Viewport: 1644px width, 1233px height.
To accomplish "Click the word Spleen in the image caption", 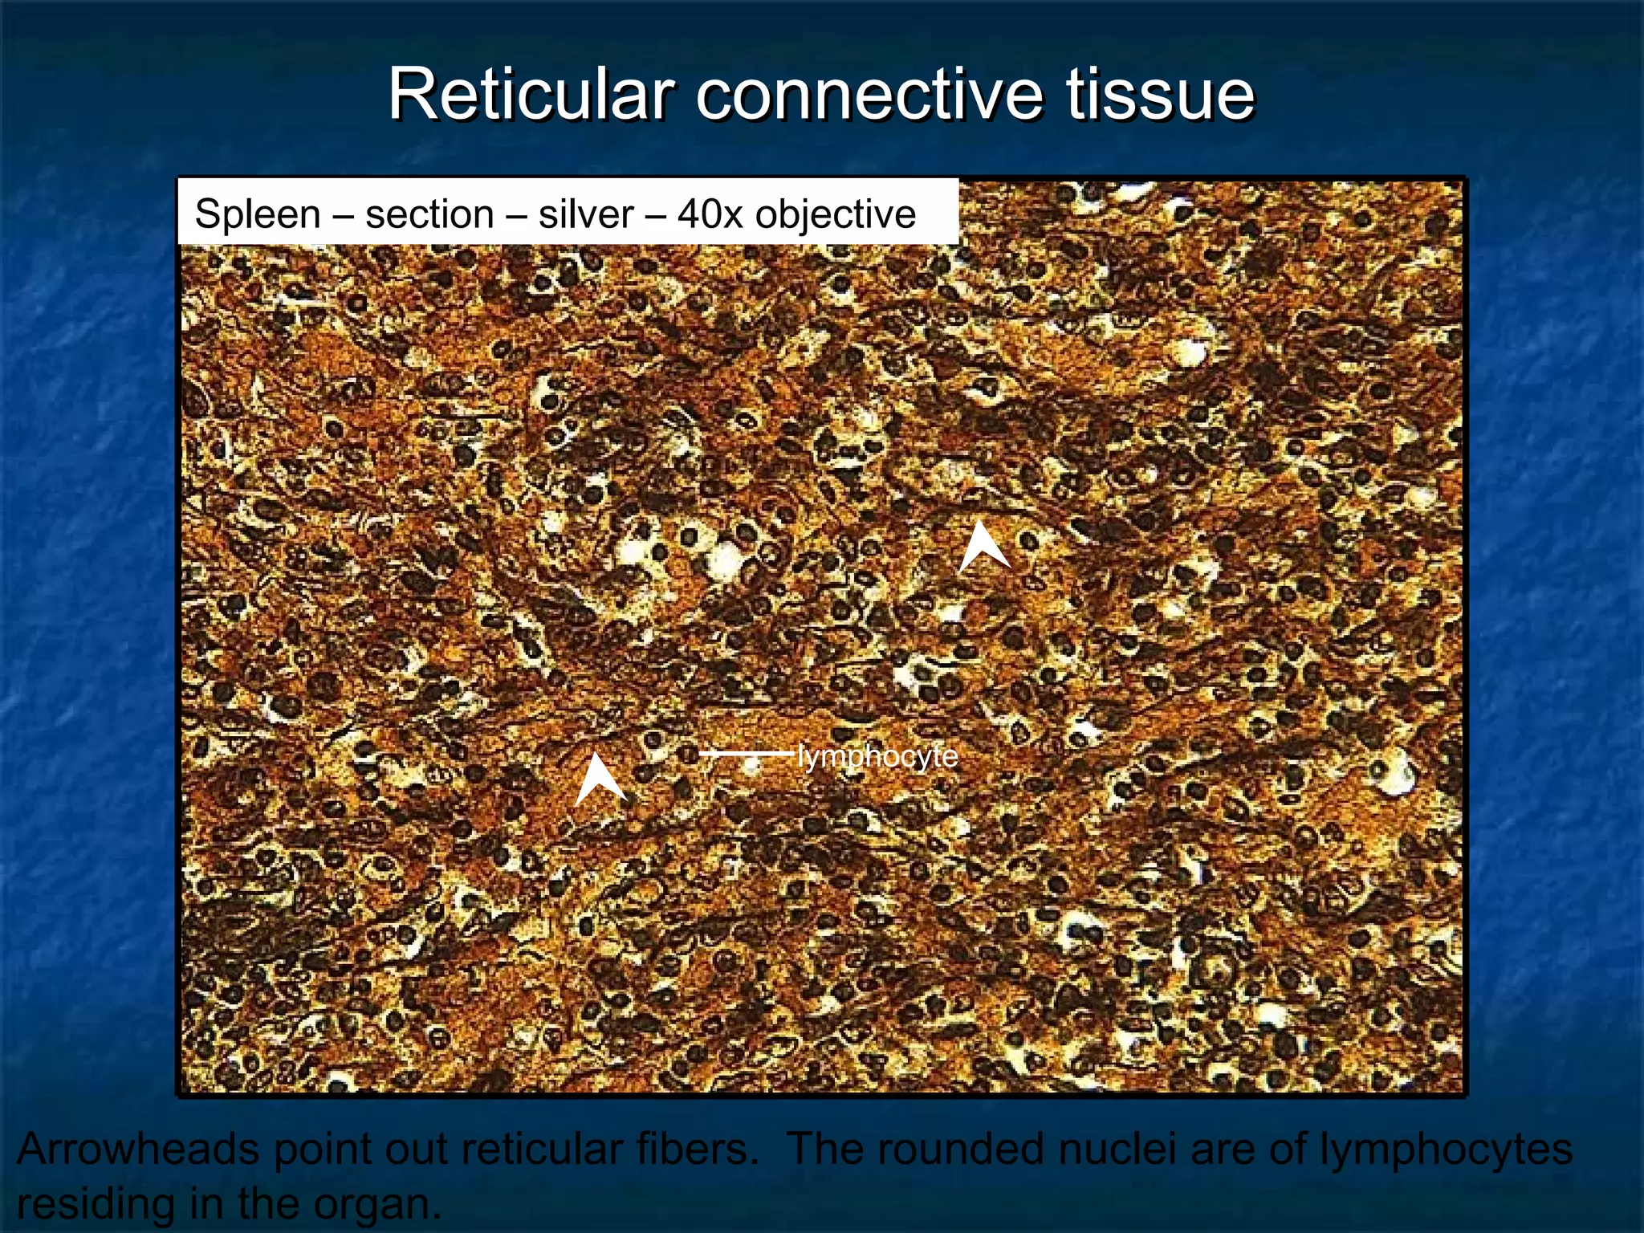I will tap(257, 215).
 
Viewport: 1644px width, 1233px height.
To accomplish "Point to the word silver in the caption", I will tap(586, 215).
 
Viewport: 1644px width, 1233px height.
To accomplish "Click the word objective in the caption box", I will tap(835, 215).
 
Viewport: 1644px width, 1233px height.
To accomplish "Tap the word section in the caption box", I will tap(429, 215).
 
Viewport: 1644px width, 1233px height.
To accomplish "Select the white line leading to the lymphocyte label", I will tap(747, 754).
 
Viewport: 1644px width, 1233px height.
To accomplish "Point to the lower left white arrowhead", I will tap(598, 780).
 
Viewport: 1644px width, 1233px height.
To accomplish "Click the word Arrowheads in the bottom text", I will tap(139, 1149).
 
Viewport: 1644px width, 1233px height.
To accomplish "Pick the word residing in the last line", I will tap(96, 1203).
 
